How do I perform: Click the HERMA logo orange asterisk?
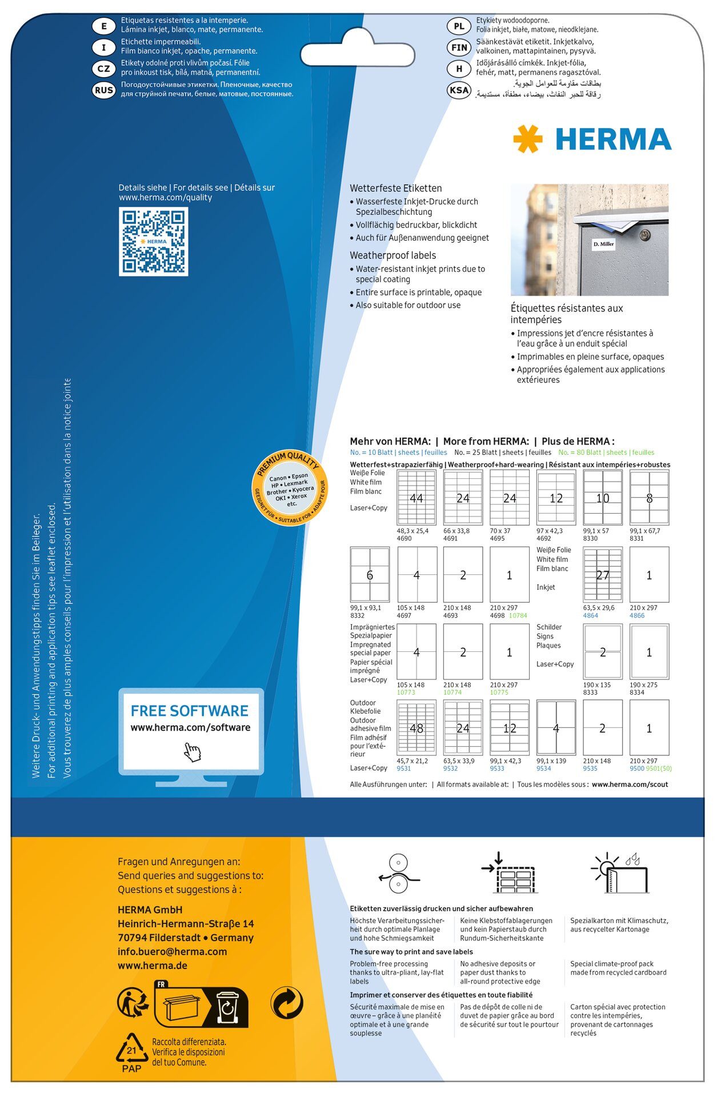(x=527, y=139)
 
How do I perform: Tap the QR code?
(x=153, y=241)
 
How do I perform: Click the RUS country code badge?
(x=104, y=90)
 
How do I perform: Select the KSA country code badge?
(x=459, y=90)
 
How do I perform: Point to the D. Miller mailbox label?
(x=603, y=244)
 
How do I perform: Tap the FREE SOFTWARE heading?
(x=190, y=711)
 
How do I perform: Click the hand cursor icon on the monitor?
(x=193, y=752)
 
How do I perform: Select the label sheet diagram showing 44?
(x=416, y=498)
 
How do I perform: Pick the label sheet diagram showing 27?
(x=602, y=575)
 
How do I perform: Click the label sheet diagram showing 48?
(x=416, y=728)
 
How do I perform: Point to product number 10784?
(x=518, y=615)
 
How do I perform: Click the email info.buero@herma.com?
(x=172, y=951)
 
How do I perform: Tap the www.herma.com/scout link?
(x=630, y=784)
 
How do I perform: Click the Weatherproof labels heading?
(x=392, y=255)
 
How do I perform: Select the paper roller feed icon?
(x=398, y=872)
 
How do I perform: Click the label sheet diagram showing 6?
(x=370, y=575)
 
